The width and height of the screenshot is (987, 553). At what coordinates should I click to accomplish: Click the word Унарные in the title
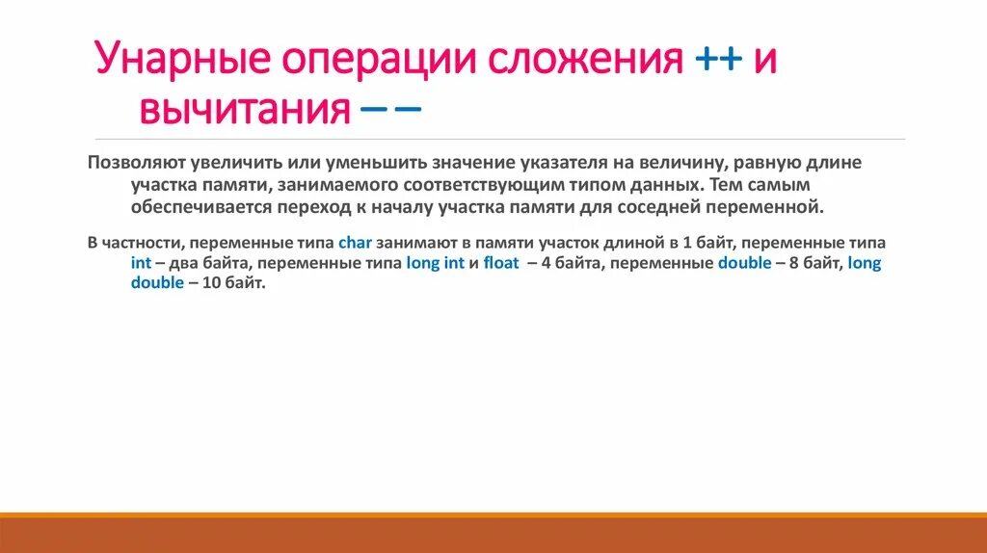182,61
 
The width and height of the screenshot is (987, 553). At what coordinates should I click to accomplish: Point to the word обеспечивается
194,206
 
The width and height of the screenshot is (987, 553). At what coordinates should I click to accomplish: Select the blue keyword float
500,263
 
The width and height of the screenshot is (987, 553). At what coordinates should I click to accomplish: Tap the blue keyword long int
434,263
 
